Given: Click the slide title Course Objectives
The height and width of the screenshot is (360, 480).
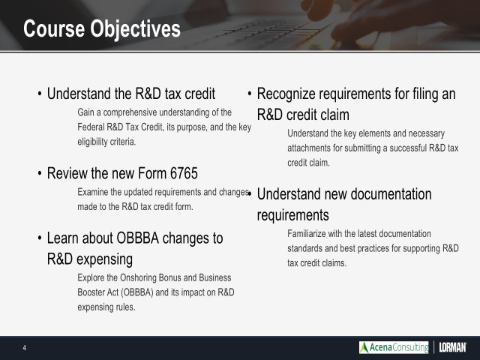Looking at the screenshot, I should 101,29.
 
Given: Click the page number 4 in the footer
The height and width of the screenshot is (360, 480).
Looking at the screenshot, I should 24,347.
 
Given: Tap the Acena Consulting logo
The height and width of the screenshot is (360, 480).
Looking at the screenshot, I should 393,347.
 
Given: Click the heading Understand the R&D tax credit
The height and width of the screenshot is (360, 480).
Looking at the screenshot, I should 131,94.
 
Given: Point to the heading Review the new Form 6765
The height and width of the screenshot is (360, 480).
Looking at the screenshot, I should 122,174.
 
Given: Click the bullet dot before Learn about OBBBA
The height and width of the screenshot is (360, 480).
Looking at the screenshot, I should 39,239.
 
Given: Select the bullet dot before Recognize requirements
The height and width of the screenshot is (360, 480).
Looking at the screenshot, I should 250,94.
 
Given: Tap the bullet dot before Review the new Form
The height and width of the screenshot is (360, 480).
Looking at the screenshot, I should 39,175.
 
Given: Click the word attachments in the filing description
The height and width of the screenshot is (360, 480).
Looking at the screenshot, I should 310,148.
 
